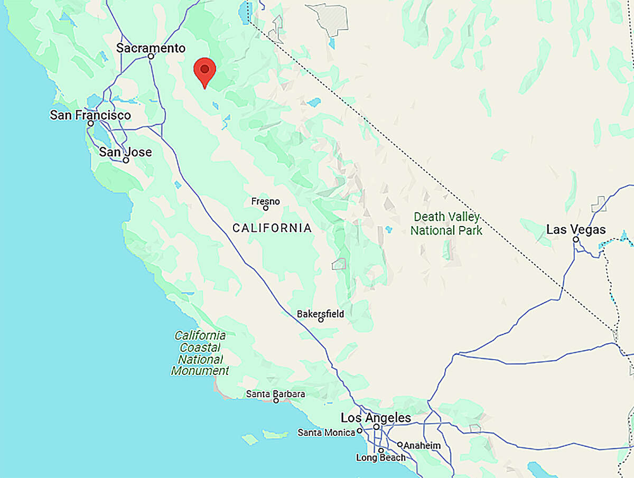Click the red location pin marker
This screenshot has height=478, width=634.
point(204,70)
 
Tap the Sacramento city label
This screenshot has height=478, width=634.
point(151,48)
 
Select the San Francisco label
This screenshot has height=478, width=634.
point(90,115)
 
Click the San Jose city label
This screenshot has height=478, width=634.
point(125,152)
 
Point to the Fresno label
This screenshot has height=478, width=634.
point(265,201)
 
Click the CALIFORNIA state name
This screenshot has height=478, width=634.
point(272,228)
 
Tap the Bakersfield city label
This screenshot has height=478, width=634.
point(320,314)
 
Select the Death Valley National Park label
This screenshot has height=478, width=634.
point(446,223)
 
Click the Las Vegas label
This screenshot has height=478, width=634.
point(576,230)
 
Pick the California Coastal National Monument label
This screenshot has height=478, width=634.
point(200,353)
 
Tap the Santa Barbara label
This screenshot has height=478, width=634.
point(275,394)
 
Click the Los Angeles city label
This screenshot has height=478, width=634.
point(376,418)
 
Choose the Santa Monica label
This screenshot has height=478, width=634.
point(326,433)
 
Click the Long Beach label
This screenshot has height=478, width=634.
point(380,457)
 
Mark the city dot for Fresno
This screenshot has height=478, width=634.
point(266,208)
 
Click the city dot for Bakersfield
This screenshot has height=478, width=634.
point(321,320)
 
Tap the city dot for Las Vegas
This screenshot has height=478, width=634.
point(576,239)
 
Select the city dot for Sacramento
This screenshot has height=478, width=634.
point(151,56)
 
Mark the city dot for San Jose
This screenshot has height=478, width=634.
point(126,160)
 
